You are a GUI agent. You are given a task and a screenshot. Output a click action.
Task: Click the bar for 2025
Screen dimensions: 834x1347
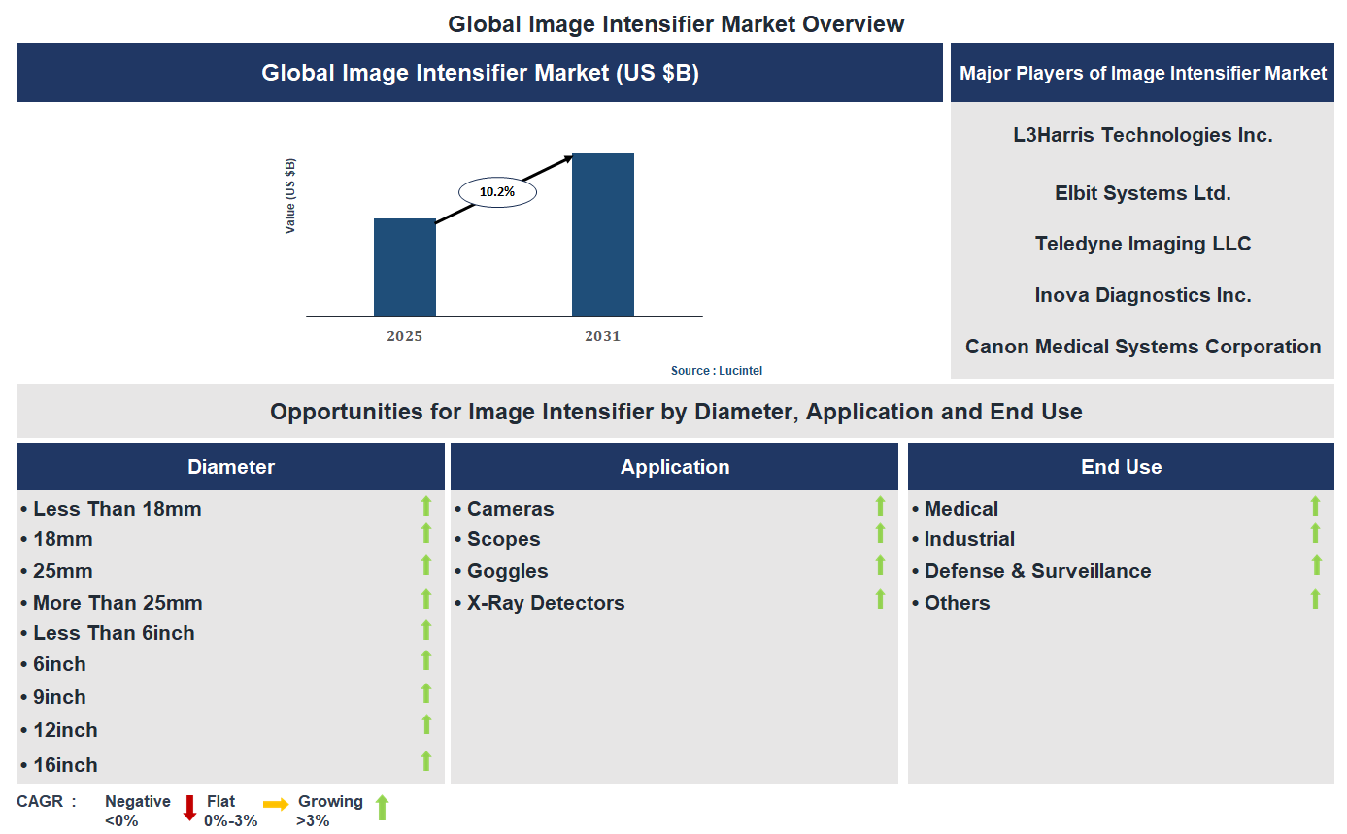[405, 267]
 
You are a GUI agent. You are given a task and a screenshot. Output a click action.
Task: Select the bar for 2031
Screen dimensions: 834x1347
[603, 234]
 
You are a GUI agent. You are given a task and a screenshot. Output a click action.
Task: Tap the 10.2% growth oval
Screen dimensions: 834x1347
[496, 192]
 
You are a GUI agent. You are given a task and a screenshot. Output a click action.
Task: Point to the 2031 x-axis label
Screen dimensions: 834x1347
[602, 336]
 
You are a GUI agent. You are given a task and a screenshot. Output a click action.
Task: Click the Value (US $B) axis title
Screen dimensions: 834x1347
[290, 196]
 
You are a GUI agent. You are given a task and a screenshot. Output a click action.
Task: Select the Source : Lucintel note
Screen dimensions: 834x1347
[724, 371]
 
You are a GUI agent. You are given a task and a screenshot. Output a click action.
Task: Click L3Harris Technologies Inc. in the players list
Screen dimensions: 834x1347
[1142, 135]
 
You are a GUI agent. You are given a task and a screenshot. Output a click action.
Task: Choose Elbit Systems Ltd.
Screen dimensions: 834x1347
[1142, 193]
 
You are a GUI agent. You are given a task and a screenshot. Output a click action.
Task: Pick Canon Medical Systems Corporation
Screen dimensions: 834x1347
[1142, 347]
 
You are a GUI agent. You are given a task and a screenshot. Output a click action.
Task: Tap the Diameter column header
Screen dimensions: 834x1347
[231, 467]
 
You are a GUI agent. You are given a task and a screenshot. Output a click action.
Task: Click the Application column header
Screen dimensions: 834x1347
[675, 467]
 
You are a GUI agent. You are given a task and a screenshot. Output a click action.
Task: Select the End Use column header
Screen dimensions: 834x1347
[1121, 467]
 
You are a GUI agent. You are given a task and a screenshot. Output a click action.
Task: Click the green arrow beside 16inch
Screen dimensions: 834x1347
[425, 761]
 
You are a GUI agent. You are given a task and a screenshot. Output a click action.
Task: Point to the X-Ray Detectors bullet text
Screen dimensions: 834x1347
[545, 603]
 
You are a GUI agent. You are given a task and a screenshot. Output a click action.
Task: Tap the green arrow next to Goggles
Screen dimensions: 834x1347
[880, 565]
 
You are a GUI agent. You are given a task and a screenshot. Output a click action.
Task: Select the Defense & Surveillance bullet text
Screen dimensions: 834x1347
[1037, 571]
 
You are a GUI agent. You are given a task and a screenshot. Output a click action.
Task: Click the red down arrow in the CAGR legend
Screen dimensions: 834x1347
[190, 808]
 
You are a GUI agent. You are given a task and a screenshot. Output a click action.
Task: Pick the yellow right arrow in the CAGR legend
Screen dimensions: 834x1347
[276, 805]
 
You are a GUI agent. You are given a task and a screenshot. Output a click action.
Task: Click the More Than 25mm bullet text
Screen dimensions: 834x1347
[118, 603]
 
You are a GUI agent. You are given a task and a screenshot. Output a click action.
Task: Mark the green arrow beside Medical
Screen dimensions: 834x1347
[1315, 506]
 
